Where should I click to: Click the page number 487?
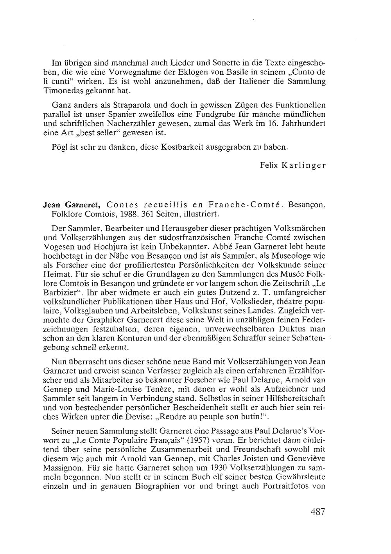(x=318, y=512)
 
